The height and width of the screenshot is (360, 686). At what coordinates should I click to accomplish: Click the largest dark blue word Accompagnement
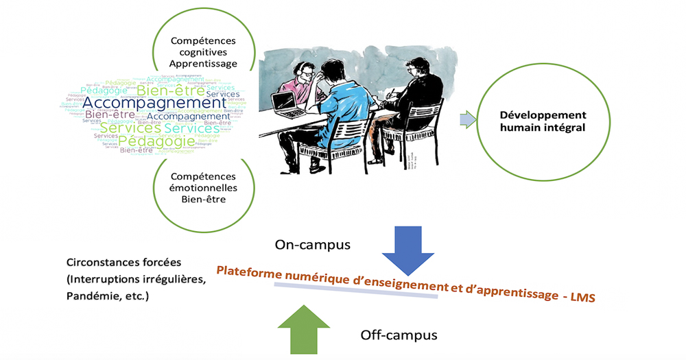tap(154, 104)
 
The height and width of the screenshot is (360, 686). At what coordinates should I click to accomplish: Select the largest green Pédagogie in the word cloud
tap(156, 141)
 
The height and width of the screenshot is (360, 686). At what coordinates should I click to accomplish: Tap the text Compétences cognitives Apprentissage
tap(204, 51)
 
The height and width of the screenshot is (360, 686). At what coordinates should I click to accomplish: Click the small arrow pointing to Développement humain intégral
tap(466, 121)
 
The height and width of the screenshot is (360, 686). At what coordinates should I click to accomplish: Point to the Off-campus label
tap(399, 335)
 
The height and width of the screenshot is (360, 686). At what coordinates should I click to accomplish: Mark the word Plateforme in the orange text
tap(247, 269)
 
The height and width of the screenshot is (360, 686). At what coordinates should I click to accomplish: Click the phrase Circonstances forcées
tap(119, 263)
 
